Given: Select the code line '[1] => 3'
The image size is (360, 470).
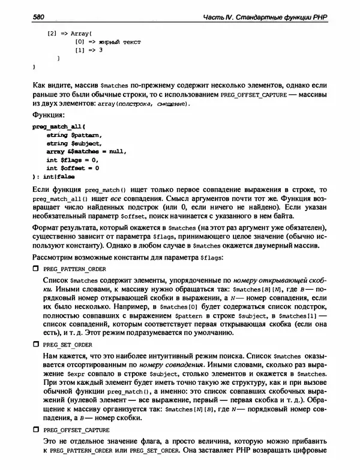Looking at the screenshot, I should click(89, 50).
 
